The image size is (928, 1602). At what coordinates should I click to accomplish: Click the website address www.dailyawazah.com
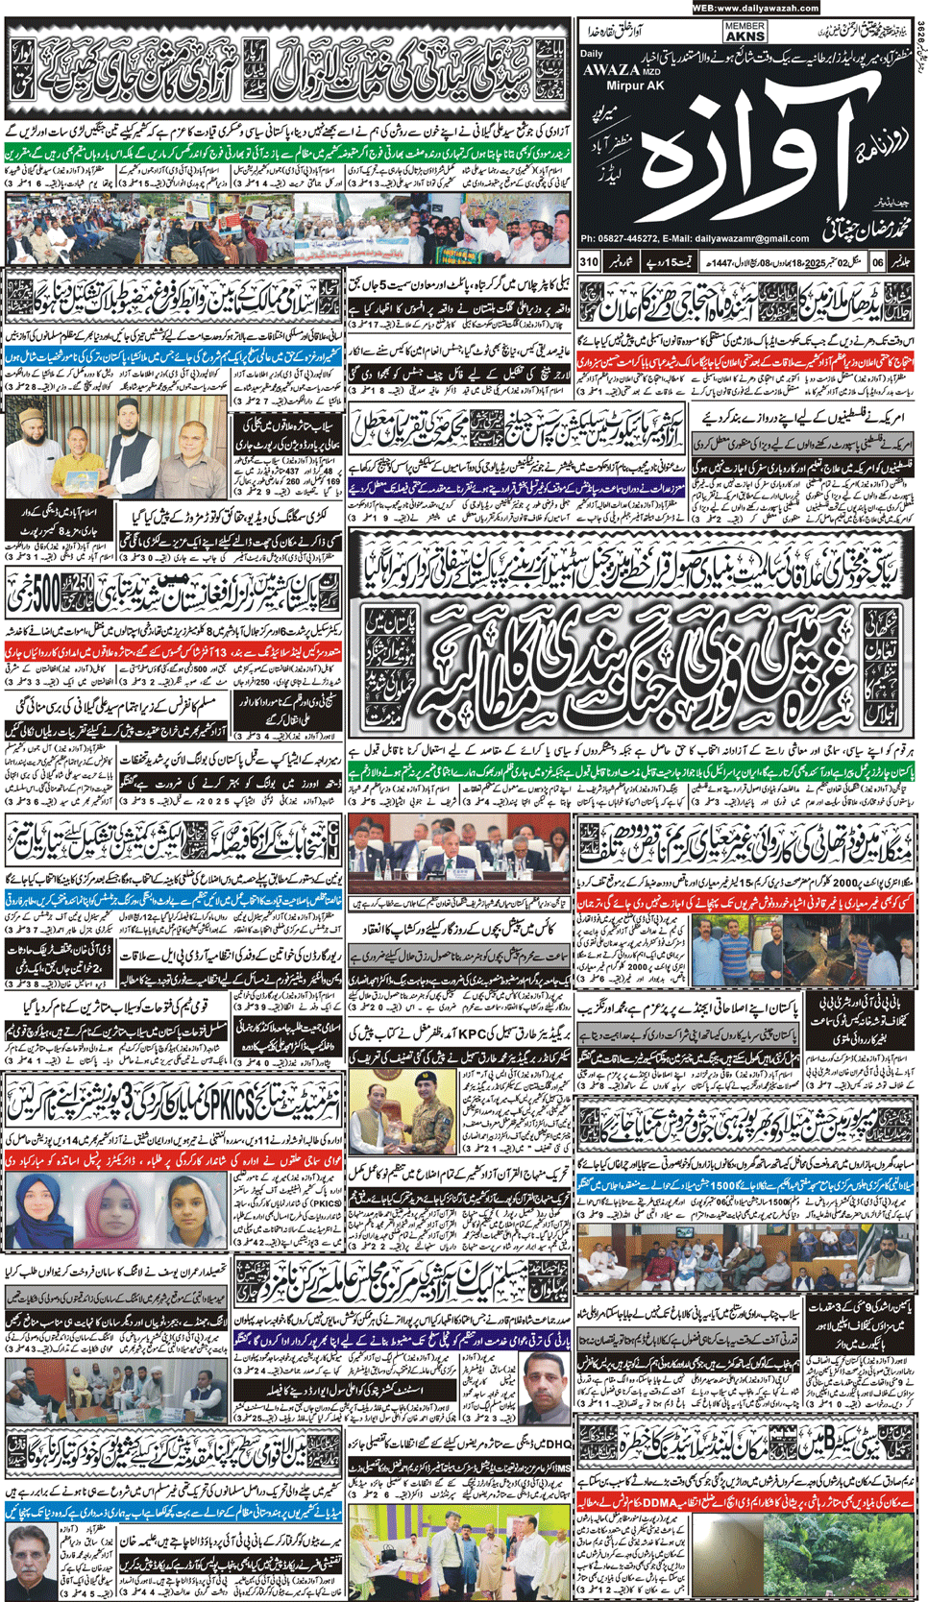pyautogui.click(x=768, y=8)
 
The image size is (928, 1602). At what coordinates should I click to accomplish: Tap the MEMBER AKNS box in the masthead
pyautogui.click(x=745, y=32)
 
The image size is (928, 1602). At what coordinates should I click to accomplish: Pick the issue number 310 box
pyautogui.click(x=589, y=261)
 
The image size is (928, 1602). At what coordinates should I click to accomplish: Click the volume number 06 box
pyautogui.click(x=878, y=261)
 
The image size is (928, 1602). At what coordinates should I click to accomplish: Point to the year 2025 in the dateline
pyautogui.click(x=813, y=261)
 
